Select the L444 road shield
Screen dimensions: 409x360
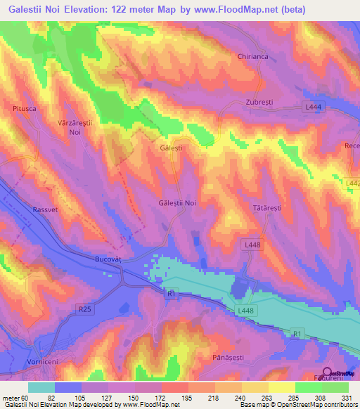pyautogui.click(x=314, y=106)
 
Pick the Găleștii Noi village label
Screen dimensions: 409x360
pyautogui.click(x=176, y=203)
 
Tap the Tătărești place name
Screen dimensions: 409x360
pyautogui.click(x=266, y=209)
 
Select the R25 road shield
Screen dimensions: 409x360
pyautogui.click(x=86, y=308)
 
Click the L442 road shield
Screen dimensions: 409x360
pyautogui.click(x=352, y=183)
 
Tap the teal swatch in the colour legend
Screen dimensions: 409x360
pyautogui.click(x=41, y=387)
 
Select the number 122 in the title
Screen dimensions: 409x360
pyautogui.click(x=136, y=10)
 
